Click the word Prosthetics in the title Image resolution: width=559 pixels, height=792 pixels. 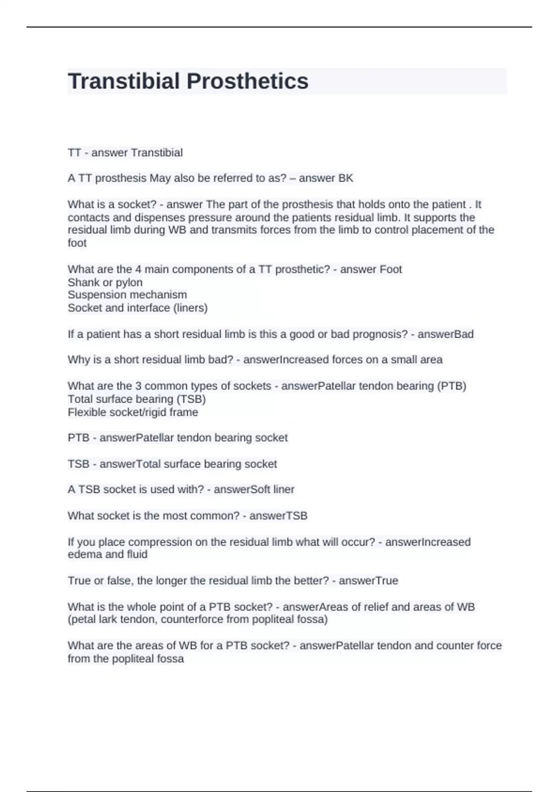[x=247, y=81]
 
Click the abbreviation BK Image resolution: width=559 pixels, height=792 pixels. [x=346, y=178]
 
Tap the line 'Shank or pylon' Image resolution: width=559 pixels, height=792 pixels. [x=105, y=282]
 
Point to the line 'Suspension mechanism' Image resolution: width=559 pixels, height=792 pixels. [x=127, y=295]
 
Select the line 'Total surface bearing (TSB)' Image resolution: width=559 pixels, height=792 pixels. [x=136, y=399]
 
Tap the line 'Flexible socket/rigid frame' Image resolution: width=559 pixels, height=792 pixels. [x=133, y=412]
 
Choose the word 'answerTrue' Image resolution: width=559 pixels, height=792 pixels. [x=368, y=580]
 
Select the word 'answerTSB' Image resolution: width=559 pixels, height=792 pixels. [x=278, y=516]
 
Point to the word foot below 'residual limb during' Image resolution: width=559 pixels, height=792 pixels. [x=77, y=243]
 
